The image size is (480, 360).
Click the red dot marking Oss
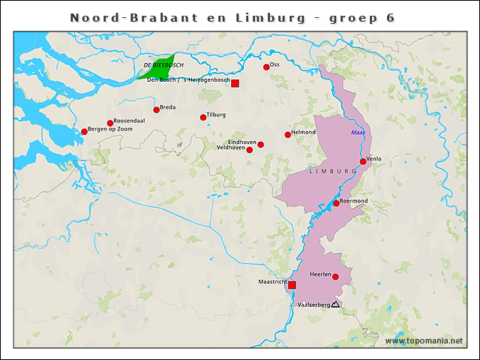(266, 67)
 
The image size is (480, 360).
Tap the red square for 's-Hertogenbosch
(235, 83)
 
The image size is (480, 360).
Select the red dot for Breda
(157, 109)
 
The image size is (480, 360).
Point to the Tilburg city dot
(203, 117)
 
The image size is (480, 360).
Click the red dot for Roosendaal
(110, 123)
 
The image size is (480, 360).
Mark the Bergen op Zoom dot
(85, 132)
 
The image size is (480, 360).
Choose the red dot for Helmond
(288, 135)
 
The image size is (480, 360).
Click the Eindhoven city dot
(260, 145)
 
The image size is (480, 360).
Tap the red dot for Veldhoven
(250, 150)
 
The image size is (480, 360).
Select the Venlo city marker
(363, 161)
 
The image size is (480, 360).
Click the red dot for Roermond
(336, 203)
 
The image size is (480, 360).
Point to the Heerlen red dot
(336, 277)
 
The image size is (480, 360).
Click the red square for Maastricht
(292, 285)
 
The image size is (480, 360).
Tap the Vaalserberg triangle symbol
(335, 304)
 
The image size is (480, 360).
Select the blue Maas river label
(358, 133)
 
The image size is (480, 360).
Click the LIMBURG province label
(332, 172)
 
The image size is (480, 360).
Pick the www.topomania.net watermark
(424, 341)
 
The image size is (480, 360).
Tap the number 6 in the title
(390, 17)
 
